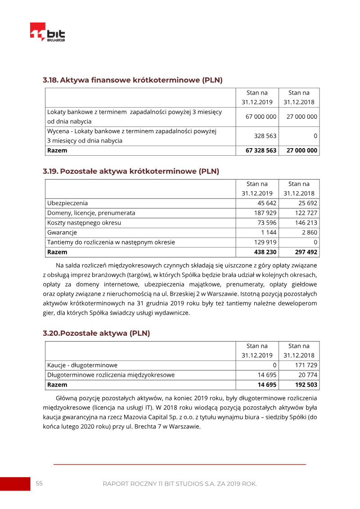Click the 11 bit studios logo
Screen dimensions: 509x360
(48, 32)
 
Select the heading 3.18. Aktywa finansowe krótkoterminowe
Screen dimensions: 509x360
(133, 80)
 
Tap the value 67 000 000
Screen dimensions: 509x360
(261, 117)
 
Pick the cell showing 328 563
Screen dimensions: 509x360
(265, 136)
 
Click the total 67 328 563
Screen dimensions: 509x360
(261, 150)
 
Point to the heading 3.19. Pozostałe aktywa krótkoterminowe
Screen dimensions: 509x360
(131, 171)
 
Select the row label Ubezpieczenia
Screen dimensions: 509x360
(67, 203)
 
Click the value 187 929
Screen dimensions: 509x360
(266, 213)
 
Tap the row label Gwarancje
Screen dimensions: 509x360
(62, 233)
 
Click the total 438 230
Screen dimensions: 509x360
(265, 252)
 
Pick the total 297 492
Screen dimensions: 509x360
(306, 252)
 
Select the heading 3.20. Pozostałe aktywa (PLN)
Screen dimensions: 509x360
(96, 333)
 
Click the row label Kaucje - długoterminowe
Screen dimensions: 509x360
(82, 365)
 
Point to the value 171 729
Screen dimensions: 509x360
(306, 365)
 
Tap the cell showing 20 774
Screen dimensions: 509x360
(308, 375)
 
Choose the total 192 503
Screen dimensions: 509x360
(306, 385)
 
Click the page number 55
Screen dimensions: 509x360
(39, 483)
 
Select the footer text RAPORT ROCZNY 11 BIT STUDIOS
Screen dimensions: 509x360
(180, 484)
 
